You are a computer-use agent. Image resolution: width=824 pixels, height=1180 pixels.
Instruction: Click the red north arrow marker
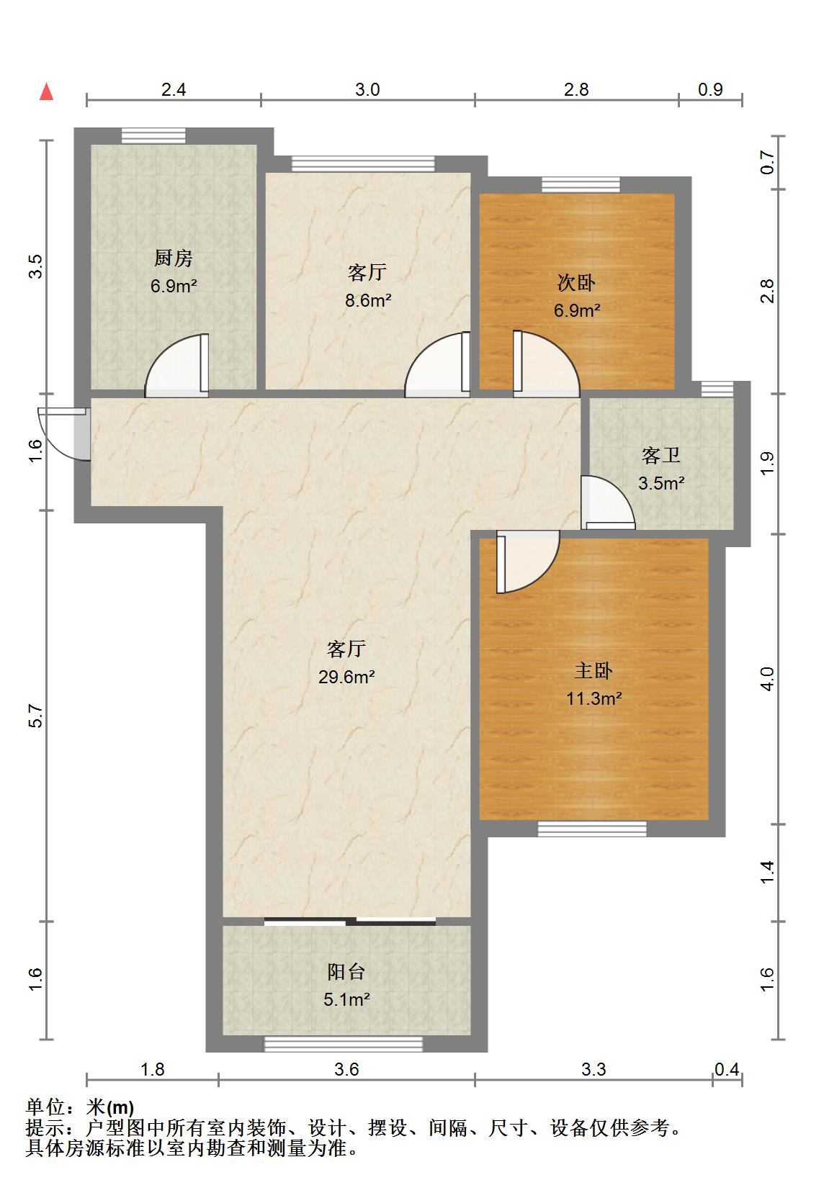coord(47,92)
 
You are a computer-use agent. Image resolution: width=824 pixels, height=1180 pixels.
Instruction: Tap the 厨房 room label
coord(174,258)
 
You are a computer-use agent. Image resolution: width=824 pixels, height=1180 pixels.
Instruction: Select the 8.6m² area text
coord(367,301)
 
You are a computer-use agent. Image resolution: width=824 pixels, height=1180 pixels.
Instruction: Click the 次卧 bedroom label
coord(576,283)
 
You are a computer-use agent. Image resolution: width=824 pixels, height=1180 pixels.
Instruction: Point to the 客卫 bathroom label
coord(660,455)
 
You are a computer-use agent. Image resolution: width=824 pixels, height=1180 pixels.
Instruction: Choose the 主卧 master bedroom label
coord(593,670)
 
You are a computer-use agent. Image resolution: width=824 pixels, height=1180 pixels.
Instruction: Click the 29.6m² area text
coord(346,677)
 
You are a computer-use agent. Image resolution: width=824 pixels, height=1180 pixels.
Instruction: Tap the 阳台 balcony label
coord(346,972)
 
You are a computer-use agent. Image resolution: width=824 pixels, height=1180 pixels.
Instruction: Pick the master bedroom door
coord(526,562)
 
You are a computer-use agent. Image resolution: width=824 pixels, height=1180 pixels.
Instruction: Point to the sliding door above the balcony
coord(350,920)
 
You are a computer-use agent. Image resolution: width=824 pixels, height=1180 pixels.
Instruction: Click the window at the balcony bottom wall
coord(343,1044)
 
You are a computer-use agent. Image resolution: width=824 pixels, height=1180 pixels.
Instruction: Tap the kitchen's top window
coord(153,135)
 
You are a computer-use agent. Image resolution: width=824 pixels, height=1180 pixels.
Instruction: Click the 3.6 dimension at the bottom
coord(346,1070)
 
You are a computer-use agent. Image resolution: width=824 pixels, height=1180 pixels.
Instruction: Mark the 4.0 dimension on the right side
coord(769,679)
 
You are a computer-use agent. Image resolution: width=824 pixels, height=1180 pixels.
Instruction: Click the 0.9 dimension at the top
coord(710,89)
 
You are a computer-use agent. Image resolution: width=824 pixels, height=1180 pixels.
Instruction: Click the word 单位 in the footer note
coord(46,1107)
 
